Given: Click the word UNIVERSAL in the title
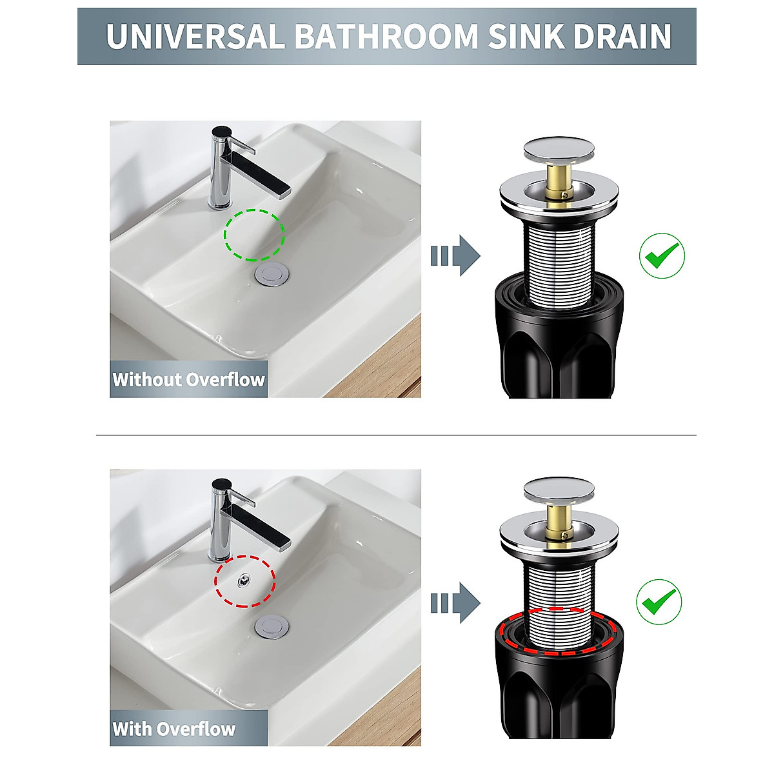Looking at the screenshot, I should [194, 36].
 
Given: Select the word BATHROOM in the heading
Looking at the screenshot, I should [387, 36].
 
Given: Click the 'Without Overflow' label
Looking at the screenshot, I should [188, 379].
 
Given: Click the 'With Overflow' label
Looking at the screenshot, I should [174, 729].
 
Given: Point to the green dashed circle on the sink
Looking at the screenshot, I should [254, 234].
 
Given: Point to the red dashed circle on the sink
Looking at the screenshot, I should [245, 580].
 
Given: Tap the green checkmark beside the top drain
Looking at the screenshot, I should [662, 256].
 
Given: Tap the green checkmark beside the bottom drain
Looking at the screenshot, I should [659, 601].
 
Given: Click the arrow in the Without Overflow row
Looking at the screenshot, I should [455, 256].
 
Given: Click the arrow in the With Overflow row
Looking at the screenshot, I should [455, 603].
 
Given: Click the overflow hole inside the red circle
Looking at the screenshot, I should [243, 580].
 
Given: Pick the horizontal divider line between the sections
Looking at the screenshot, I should [396, 435].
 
